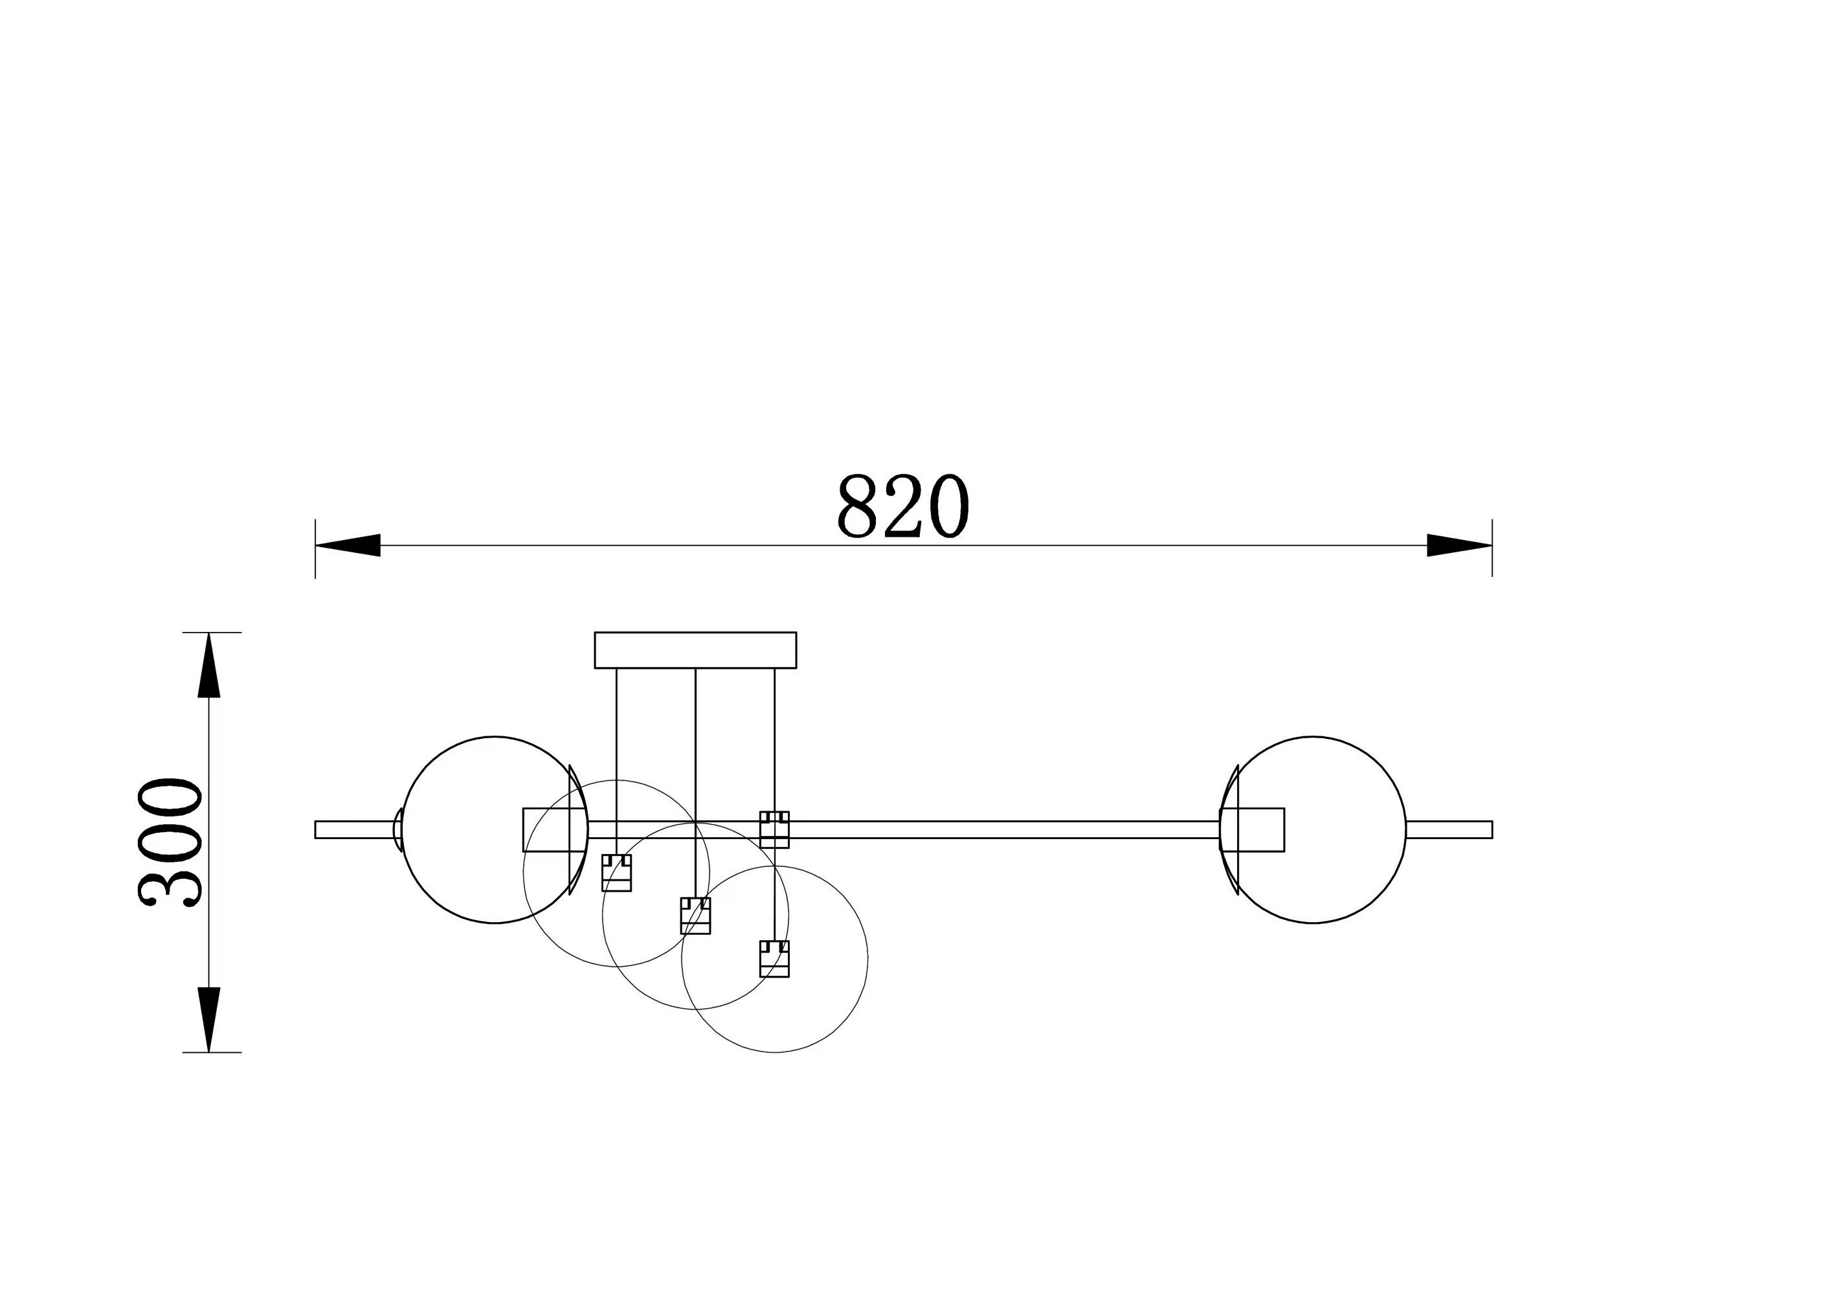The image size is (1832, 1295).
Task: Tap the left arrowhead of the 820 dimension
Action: click(348, 546)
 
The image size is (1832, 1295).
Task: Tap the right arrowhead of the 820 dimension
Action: click(1459, 546)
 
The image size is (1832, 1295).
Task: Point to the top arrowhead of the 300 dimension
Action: click(209, 666)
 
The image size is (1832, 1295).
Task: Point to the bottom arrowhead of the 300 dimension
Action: click(209, 1020)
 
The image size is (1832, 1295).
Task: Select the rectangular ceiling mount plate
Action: click(695, 650)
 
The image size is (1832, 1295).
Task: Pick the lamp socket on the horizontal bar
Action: click(774, 830)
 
